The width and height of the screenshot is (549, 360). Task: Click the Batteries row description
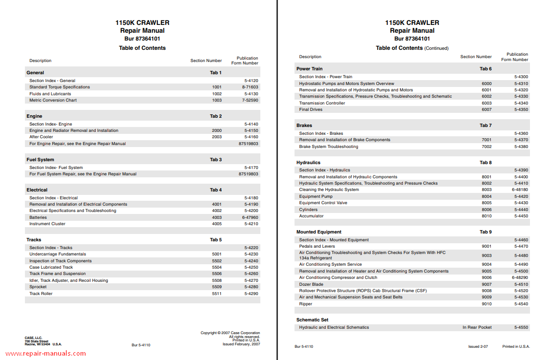point(38,217)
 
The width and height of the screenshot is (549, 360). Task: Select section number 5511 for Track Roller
point(216,294)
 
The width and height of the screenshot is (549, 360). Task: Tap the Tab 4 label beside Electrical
point(216,190)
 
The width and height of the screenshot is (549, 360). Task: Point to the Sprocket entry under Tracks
point(38,287)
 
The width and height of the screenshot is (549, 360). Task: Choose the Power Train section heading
point(309,69)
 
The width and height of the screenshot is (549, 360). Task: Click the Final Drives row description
point(311,109)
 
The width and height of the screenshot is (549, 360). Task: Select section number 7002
point(486,147)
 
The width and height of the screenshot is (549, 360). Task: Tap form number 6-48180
point(520,190)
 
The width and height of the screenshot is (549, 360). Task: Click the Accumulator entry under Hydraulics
point(311,216)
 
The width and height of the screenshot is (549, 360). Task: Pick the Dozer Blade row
point(311,284)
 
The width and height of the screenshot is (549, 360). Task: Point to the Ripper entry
point(305,304)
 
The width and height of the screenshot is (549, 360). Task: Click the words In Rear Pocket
point(477,327)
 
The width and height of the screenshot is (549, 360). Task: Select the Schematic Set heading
point(312,320)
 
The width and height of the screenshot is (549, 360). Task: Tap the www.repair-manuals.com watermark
point(46,354)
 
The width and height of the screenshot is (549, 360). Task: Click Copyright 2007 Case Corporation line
point(230,333)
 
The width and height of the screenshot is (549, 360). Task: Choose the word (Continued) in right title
point(436,48)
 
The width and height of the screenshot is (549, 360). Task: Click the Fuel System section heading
point(40,160)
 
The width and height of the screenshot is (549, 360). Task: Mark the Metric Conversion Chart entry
point(53,100)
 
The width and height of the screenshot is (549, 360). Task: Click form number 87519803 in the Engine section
point(249,144)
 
